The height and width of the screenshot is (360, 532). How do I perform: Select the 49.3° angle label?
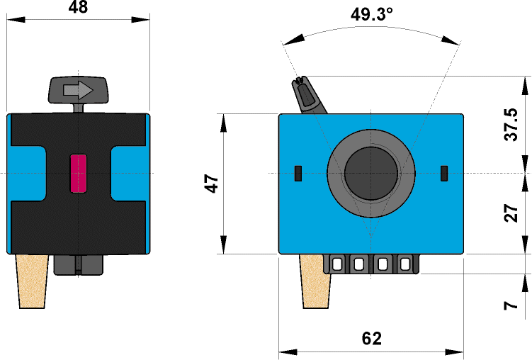(x=372, y=15)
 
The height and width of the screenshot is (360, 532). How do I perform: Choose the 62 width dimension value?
(x=371, y=338)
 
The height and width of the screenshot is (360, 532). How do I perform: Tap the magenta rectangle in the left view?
(x=78, y=173)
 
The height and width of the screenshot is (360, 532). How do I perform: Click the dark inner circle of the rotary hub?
(x=370, y=173)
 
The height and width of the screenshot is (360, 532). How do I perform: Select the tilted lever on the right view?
(x=309, y=96)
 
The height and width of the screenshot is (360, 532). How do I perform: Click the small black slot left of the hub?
(x=298, y=172)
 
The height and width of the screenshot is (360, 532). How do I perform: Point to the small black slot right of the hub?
(x=444, y=172)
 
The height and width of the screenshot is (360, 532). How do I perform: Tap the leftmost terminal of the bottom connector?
(x=337, y=264)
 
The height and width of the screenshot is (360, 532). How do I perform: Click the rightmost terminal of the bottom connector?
(x=404, y=264)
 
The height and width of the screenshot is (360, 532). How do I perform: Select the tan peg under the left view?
(x=32, y=281)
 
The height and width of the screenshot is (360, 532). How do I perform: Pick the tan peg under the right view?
(x=316, y=281)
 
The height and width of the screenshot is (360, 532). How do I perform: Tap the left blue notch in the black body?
(x=27, y=173)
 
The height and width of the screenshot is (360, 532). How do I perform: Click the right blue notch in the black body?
(x=129, y=173)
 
